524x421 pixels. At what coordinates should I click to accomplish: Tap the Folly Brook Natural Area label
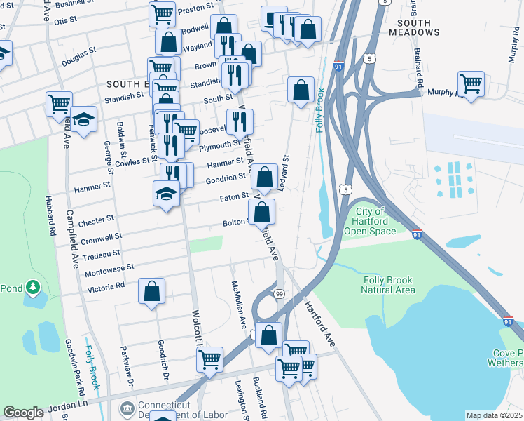tap(389, 284)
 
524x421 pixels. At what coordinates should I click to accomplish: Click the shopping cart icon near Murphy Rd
tap(471, 83)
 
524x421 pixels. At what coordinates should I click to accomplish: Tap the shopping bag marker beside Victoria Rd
tap(151, 291)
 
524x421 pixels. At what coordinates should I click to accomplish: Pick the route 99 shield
tap(279, 294)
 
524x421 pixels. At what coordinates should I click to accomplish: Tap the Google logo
tap(23, 413)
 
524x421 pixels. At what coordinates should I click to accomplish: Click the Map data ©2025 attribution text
tap(494, 415)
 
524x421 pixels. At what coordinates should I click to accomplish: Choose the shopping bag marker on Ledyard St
tap(301, 90)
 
